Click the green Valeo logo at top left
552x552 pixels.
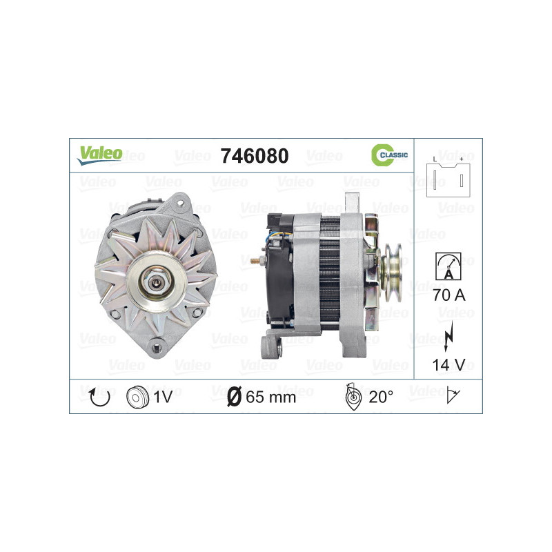click(x=99, y=155)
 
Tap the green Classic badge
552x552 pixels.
click(x=390, y=156)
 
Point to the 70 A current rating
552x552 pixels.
click(x=448, y=295)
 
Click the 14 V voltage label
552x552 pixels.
click(x=448, y=364)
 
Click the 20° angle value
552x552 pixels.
click(x=380, y=397)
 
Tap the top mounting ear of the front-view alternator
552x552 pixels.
click(x=181, y=201)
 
